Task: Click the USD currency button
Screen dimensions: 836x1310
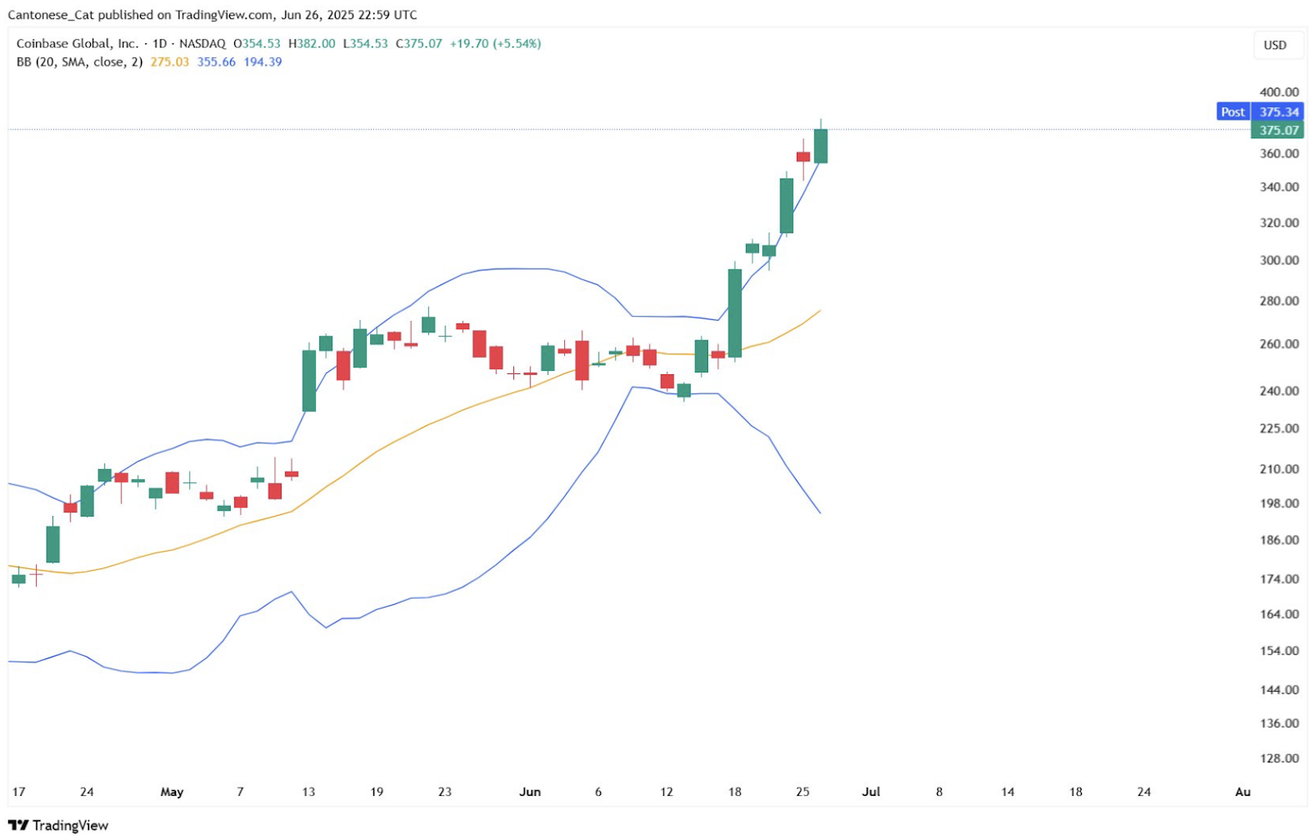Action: (1275, 45)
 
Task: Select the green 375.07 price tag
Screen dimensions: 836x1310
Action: (1277, 130)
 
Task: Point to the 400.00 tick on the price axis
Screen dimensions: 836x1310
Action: (1279, 92)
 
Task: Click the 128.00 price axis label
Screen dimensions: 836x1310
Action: (1279, 758)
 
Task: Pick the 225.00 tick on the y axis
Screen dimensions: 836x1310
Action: (1279, 428)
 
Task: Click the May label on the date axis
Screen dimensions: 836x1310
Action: (172, 792)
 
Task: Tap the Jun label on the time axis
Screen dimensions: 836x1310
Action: (530, 792)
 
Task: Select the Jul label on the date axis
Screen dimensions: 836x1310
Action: (871, 792)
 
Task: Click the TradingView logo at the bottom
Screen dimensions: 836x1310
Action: (58, 825)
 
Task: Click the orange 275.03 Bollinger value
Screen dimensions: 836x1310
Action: (169, 62)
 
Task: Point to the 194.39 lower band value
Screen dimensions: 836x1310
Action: (263, 62)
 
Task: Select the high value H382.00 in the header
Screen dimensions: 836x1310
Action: (312, 43)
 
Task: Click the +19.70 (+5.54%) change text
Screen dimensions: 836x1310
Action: (495, 43)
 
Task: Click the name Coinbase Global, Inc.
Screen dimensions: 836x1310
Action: (78, 43)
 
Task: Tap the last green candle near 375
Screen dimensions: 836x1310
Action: (820, 146)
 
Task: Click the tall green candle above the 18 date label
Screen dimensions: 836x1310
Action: (735, 313)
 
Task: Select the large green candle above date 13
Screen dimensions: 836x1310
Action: (309, 381)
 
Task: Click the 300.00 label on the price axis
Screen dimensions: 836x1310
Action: (1279, 260)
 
